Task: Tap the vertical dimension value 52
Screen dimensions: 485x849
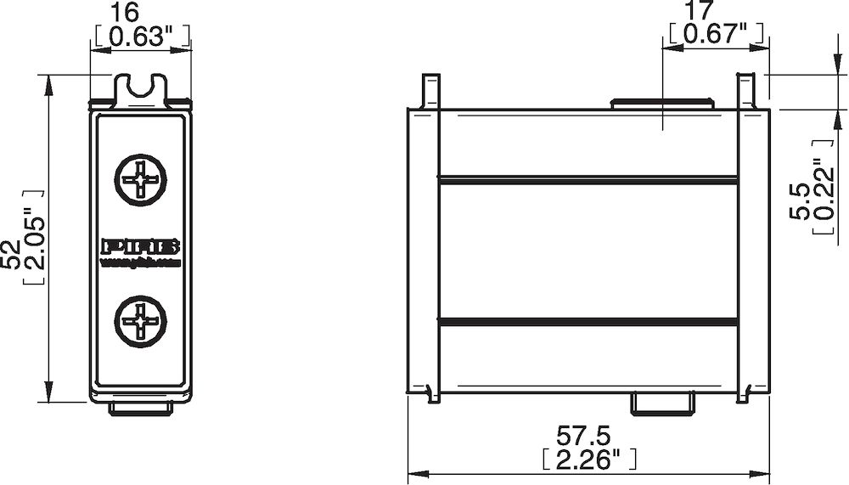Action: coord(12,255)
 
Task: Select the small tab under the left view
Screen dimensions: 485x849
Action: coord(141,409)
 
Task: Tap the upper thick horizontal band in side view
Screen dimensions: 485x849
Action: coord(588,180)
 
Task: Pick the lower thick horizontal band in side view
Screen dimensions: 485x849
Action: coord(588,321)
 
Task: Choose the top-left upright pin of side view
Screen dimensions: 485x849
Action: coord(431,90)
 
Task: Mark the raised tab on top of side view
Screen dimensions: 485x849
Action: coord(662,104)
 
